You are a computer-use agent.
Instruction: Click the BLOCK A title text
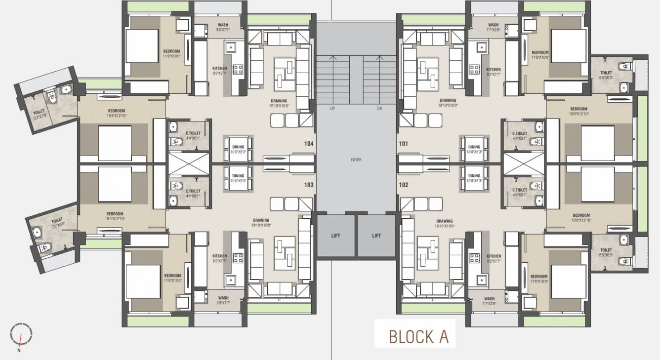coord(418,336)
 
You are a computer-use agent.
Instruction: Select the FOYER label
coord(356,160)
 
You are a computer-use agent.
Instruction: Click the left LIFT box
coord(336,236)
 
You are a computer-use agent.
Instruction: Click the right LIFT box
coord(376,236)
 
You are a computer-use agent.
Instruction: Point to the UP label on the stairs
coord(333,108)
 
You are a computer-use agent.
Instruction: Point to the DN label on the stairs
coord(379,108)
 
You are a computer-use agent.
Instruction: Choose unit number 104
coord(309,144)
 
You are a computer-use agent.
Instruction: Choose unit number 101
coord(403,144)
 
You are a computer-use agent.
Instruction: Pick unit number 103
coord(309,185)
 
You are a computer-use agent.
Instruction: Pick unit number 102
coord(403,185)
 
